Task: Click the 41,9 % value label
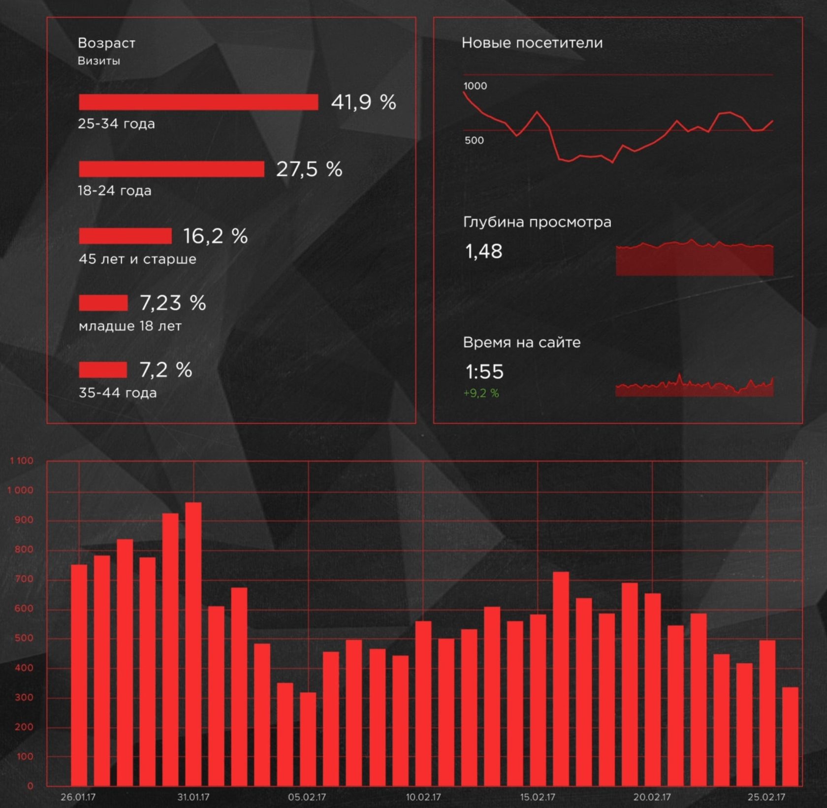point(363,102)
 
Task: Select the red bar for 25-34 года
point(198,102)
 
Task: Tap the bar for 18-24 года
point(171,169)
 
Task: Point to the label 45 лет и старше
point(137,259)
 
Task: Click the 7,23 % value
point(173,303)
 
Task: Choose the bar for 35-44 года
point(103,369)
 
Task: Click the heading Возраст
point(106,43)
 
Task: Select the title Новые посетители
point(532,43)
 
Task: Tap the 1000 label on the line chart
point(475,86)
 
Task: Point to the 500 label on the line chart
point(474,140)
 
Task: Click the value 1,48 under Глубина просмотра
point(484,252)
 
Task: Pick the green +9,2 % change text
point(481,393)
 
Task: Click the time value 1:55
point(484,372)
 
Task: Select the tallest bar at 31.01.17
point(193,640)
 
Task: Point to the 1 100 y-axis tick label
point(22,461)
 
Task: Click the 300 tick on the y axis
point(24,698)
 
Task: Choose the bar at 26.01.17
point(79,675)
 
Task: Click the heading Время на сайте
point(522,343)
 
